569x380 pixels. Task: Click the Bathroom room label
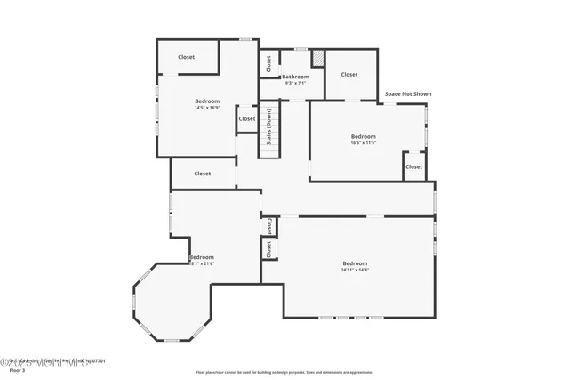pos(295,77)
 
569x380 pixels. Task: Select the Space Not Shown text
pos(407,93)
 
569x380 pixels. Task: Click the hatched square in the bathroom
pos(317,58)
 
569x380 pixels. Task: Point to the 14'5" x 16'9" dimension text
pos(207,108)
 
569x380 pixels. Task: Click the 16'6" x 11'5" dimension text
pos(364,142)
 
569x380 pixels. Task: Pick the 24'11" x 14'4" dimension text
pos(355,270)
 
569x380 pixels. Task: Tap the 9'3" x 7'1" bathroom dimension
pos(295,84)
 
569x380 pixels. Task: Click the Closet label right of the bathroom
pos(349,75)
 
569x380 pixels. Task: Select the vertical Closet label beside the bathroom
pos(268,64)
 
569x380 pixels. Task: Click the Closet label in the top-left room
pos(186,57)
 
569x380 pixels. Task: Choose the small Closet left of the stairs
pos(246,118)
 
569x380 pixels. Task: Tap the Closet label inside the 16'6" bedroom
pos(413,166)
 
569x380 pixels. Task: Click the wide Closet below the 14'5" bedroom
pos(203,174)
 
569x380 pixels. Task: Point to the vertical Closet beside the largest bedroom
pos(268,249)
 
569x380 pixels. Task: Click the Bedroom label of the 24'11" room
pos(355,263)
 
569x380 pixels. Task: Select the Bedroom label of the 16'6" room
pos(364,136)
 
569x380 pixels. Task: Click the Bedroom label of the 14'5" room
pos(207,101)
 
